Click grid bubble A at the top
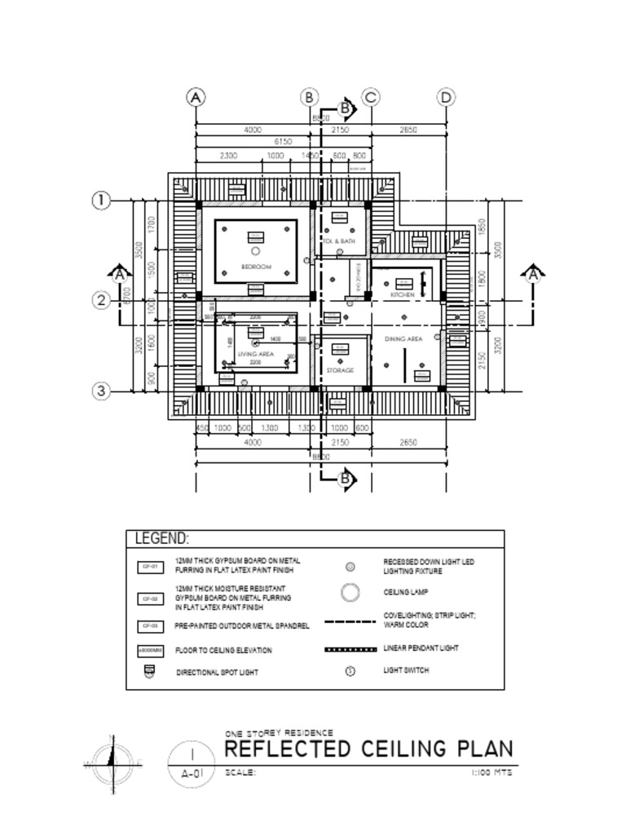pyautogui.click(x=196, y=98)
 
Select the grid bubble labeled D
pyautogui.click(x=446, y=98)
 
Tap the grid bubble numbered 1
pyautogui.click(x=101, y=201)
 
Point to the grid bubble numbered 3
pyautogui.click(x=101, y=391)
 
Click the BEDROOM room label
pyautogui.click(x=255, y=267)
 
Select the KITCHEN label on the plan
pyautogui.click(x=402, y=294)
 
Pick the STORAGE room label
pyautogui.click(x=340, y=370)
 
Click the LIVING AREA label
pyautogui.click(x=254, y=355)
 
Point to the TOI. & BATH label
pyautogui.click(x=339, y=242)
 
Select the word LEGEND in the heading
pyautogui.click(x=161, y=539)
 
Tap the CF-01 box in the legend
pyautogui.click(x=149, y=566)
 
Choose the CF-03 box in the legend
pyautogui.click(x=149, y=626)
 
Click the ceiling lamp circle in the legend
pyautogui.click(x=350, y=593)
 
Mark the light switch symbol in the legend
pyautogui.click(x=350, y=671)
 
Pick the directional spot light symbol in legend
pyautogui.click(x=149, y=672)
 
